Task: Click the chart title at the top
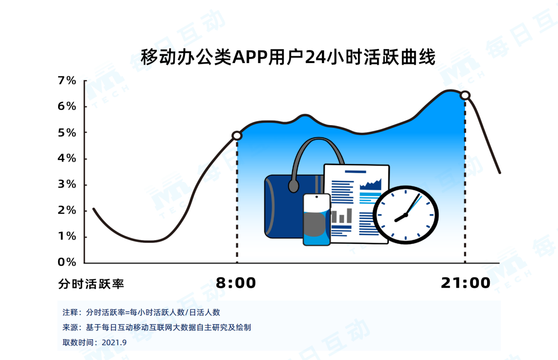[x=288, y=57]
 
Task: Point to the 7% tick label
[x=67, y=81]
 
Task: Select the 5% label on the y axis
[x=67, y=133]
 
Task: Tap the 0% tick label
[x=67, y=262]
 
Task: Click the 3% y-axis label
[x=67, y=184]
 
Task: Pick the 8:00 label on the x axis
[x=236, y=283]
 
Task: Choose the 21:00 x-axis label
[x=466, y=283]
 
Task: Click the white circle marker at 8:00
[x=237, y=136]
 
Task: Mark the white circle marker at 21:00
[x=465, y=95]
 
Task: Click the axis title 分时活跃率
[x=91, y=284]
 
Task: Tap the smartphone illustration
[x=317, y=219]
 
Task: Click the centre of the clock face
[x=406, y=215]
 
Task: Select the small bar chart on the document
[x=342, y=215]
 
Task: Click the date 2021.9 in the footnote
[x=114, y=342]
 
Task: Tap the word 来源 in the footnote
[x=70, y=327]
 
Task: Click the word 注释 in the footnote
[x=70, y=312]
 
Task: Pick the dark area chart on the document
[x=370, y=184]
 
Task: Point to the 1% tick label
[x=67, y=236]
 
